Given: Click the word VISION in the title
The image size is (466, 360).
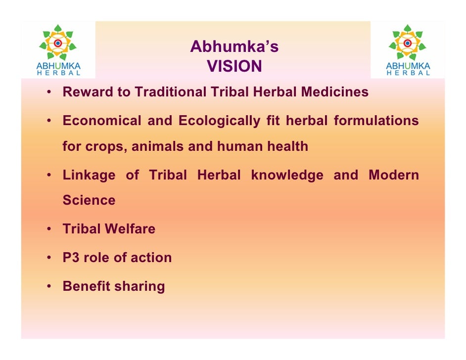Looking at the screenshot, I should pos(234,66).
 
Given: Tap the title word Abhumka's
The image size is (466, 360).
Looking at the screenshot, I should pos(234,47).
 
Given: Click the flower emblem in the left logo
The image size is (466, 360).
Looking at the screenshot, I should pos(58,44).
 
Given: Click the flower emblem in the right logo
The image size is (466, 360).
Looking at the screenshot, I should pos(408,44).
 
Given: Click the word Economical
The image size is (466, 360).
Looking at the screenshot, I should pos(102,121).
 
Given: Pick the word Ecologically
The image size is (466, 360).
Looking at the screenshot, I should pos(219,121).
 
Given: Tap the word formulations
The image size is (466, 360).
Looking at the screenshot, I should pos(376,121).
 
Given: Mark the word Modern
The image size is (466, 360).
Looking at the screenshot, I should pos(393,176).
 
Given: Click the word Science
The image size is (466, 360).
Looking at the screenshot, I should pos(89,201).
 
